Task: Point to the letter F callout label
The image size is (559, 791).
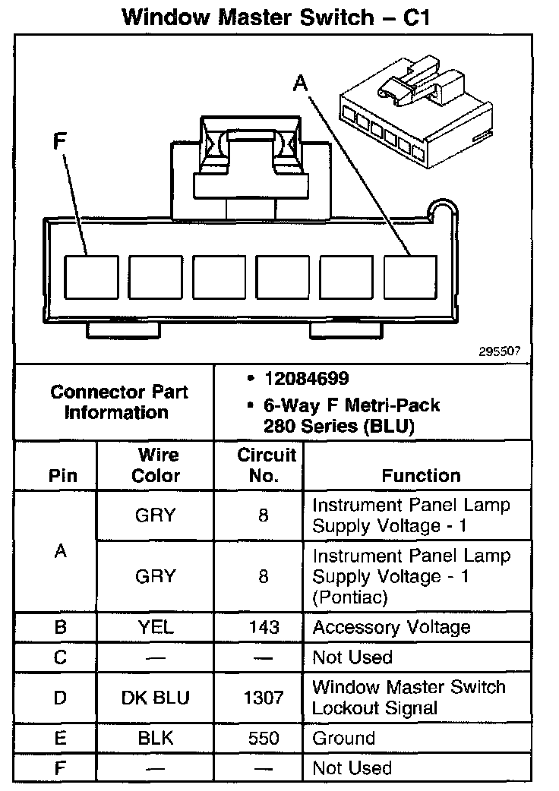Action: (59, 141)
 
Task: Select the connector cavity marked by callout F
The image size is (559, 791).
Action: (91, 276)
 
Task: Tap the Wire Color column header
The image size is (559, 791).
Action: (156, 465)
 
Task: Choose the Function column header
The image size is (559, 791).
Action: (421, 476)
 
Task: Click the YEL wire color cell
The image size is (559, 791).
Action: (156, 627)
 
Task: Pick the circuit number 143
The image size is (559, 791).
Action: (264, 628)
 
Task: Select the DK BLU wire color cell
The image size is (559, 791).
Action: (156, 698)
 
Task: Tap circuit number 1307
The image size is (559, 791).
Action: (264, 698)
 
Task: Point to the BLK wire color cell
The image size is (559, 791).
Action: (156, 738)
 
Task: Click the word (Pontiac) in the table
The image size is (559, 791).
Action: (351, 597)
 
